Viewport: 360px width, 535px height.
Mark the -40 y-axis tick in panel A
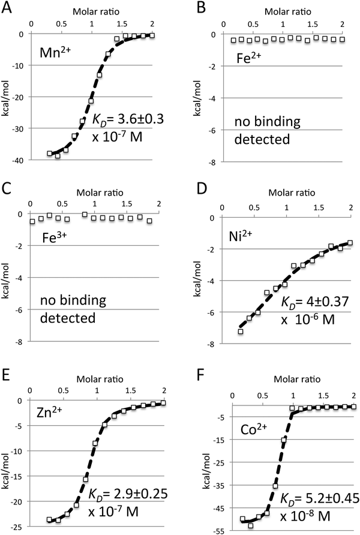(20, 160)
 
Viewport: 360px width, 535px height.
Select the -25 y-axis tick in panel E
(20, 527)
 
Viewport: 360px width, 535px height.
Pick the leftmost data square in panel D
(241, 331)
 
